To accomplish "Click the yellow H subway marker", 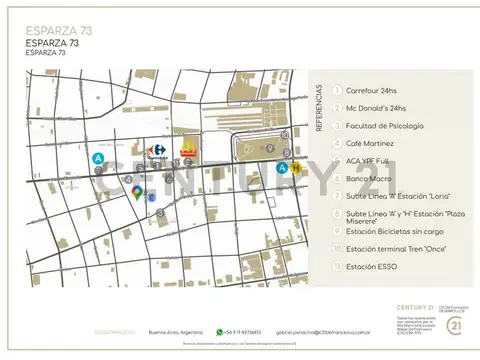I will pos(295,168).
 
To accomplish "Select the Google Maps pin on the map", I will pos(137,192).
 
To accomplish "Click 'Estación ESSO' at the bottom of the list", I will pos(371,266).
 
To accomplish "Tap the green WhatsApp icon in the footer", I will pos(219,330).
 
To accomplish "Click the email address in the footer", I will pos(331,331).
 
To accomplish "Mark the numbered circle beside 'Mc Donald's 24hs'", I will pos(337,108).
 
